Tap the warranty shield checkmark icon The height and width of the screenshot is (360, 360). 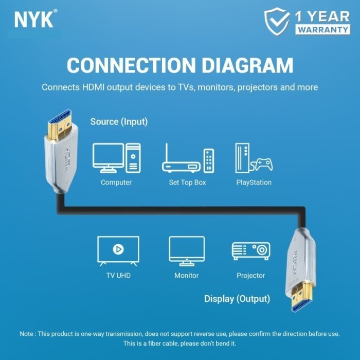pos(277,21)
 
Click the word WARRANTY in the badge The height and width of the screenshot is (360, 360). pos(323,29)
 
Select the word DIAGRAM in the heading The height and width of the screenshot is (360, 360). pos(247,65)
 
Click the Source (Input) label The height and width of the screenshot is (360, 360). pos(119,122)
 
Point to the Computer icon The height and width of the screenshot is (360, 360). pos(116,158)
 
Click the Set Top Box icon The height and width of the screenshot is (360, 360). pos(188,158)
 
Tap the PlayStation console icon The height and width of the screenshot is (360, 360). pos(254,158)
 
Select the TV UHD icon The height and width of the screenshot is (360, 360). pos(118,250)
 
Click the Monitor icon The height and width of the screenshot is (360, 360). pos(187,250)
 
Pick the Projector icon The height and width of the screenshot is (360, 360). pos(251,250)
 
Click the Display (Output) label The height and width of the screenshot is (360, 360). pos(237,299)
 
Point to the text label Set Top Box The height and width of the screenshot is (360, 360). pos(188,183)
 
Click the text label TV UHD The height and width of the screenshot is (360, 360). pos(118,276)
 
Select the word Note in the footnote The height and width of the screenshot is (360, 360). pos(28,334)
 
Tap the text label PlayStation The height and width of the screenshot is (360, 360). pos(254,183)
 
